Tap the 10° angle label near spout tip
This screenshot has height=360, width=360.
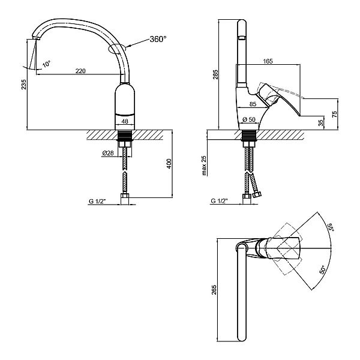tap(47, 63)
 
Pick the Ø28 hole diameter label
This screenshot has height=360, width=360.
tap(108, 154)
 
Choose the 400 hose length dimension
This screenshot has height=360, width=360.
tap(169, 163)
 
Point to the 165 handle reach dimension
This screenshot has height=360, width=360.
tap(268, 61)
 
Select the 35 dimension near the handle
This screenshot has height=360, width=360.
tap(321, 122)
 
